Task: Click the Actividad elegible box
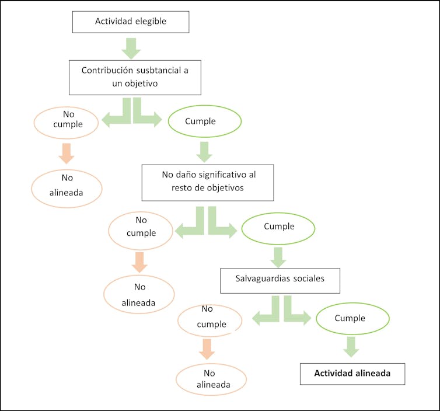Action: [x=131, y=22]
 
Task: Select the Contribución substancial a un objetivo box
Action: [x=135, y=77]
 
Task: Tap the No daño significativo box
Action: [x=208, y=182]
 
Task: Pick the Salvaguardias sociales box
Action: [x=280, y=279]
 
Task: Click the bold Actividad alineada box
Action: [x=352, y=374]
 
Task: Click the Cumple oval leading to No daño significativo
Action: [x=204, y=122]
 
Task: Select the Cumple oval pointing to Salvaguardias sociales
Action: [x=279, y=227]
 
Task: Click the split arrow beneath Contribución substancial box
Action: [x=133, y=112]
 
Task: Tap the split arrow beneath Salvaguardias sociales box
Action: [x=282, y=310]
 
